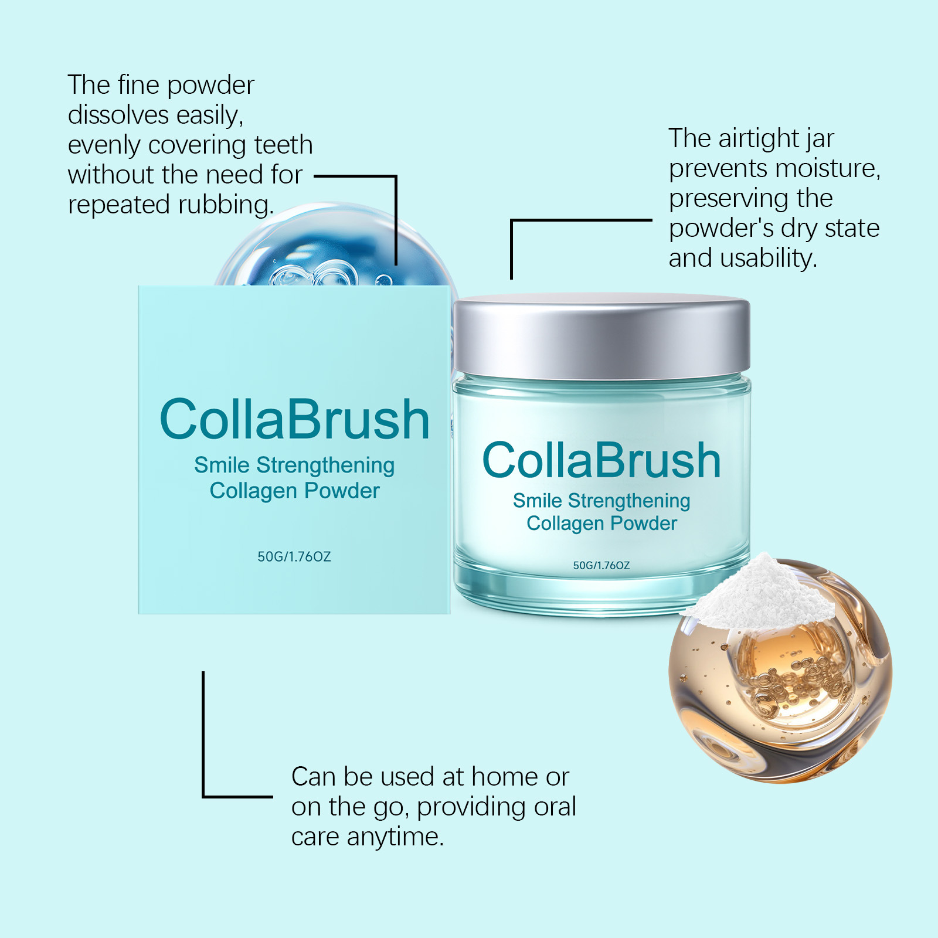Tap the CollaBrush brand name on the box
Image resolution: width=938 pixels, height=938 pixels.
pos(294,419)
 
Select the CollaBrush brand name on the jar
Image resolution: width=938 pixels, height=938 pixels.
pos(601,461)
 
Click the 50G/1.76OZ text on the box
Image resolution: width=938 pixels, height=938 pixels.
pos(294,556)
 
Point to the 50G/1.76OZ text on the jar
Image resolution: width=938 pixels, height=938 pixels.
pos(601,565)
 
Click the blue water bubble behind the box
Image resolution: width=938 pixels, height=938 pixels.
pos(334,246)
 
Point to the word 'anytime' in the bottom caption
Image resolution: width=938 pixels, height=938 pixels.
pos(395,837)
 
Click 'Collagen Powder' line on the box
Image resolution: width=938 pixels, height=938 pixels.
pos(295,491)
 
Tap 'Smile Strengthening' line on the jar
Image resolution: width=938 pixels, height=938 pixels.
pos(601,501)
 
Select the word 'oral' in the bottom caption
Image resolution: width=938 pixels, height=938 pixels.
pos(555,807)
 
